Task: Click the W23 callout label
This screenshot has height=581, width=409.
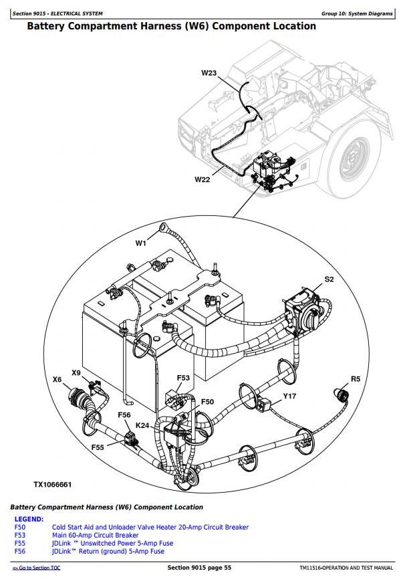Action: pyautogui.click(x=209, y=73)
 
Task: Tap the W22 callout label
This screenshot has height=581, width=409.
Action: pyautogui.click(x=202, y=179)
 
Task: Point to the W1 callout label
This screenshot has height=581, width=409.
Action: pyautogui.click(x=140, y=243)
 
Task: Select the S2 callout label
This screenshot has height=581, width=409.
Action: pyautogui.click(x=329, y=279)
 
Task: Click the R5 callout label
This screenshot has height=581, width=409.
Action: pyautogui.click(x=355, y=379)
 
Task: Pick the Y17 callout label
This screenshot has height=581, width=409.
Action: pyautogui.click(x=289, y=396)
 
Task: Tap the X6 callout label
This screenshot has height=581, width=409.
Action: pyautogui.click(x=57, y=380)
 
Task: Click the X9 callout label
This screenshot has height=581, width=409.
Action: pyautogui.click(x=76, y=372)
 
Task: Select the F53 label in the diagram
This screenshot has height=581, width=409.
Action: pyautogui.click(x=183, y=378)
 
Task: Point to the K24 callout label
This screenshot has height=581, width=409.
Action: pyautogui.click(x=142, y=425)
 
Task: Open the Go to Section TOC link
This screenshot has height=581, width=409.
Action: pyautogui.click(x=36, y=568)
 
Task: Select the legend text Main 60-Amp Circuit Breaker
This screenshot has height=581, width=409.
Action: pyautogui.click(x=96, y=535)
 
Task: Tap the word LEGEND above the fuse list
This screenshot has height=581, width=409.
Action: pyautogui.click(x=29, y=519)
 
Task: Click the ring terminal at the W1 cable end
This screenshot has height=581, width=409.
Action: pyautogui.click(x=162, y=231)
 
